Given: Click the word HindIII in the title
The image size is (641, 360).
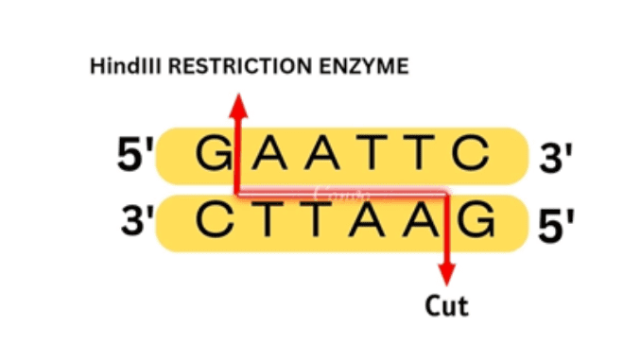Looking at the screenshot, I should (119, 68).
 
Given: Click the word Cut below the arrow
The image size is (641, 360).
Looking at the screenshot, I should (446, 306).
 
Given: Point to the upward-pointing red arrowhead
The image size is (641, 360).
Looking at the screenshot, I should (237, 100).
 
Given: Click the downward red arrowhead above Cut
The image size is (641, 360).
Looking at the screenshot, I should (446, 277).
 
